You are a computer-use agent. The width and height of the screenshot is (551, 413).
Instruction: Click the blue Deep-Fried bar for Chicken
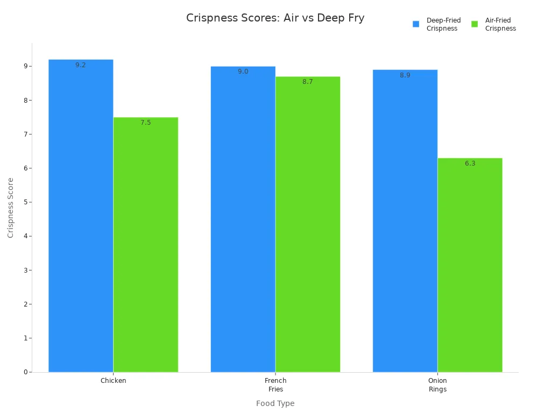[81, 215]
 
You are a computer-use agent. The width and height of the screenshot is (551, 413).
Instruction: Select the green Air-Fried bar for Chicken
[145, 245]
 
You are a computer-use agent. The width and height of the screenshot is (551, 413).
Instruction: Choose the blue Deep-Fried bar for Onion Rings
[405, 220]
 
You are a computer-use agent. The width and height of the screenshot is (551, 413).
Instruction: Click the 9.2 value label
[81, 65]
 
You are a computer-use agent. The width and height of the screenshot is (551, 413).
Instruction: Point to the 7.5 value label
[146, 123]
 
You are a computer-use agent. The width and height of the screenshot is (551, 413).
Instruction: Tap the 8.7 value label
[308, 82]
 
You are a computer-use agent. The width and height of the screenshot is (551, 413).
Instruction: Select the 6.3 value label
[470, 163]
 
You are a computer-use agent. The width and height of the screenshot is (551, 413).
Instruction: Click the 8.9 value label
[405, 75]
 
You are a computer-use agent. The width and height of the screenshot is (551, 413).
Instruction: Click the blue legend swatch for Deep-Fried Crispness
[416, 24]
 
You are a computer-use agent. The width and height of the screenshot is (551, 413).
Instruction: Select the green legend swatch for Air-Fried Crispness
[475, 24]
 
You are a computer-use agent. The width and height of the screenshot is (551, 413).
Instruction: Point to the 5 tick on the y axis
[25, 202]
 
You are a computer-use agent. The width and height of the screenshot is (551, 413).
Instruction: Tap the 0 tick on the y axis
[25, 372]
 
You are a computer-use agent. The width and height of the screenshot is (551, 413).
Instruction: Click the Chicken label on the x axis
[114, 381]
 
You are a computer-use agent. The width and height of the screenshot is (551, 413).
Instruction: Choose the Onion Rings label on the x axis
[438, 385]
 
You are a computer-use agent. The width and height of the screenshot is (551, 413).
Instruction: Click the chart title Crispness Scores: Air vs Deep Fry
[275, 18]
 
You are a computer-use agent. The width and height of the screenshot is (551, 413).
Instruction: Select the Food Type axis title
[275, 403]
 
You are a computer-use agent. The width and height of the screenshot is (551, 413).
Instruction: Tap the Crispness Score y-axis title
[11, 208]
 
